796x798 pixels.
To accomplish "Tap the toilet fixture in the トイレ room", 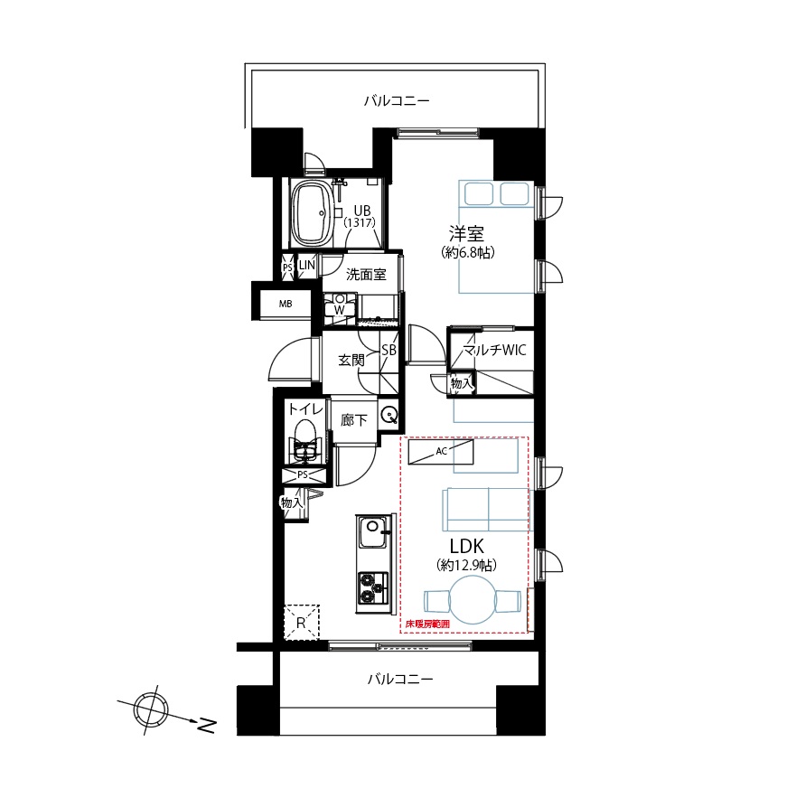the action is coord(304,442).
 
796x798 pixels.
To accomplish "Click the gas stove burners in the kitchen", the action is coord(372,587).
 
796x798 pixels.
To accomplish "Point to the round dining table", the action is coord(473,600).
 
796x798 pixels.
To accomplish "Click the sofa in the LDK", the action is coord(486,510).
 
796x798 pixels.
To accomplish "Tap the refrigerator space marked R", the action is coord(301,622).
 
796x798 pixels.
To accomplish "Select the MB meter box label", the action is coord(286,304).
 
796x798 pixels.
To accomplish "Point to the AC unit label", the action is coord(441,451).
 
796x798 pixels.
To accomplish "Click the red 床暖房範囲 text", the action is coord(427,624).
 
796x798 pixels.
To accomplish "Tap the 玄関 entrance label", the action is coord(351,361).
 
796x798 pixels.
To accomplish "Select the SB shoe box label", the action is coord(389,350).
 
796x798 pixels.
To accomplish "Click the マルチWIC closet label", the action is coord(494,350).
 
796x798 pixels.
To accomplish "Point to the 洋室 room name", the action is coord(466,233).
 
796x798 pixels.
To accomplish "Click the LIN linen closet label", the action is coord(307,265).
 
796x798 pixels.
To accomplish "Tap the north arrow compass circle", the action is coord(151,710).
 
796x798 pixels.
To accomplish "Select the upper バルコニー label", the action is coord(397,101).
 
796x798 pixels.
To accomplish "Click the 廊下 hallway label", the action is coord(353,420).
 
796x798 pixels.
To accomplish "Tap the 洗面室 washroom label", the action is coord(366,275).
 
